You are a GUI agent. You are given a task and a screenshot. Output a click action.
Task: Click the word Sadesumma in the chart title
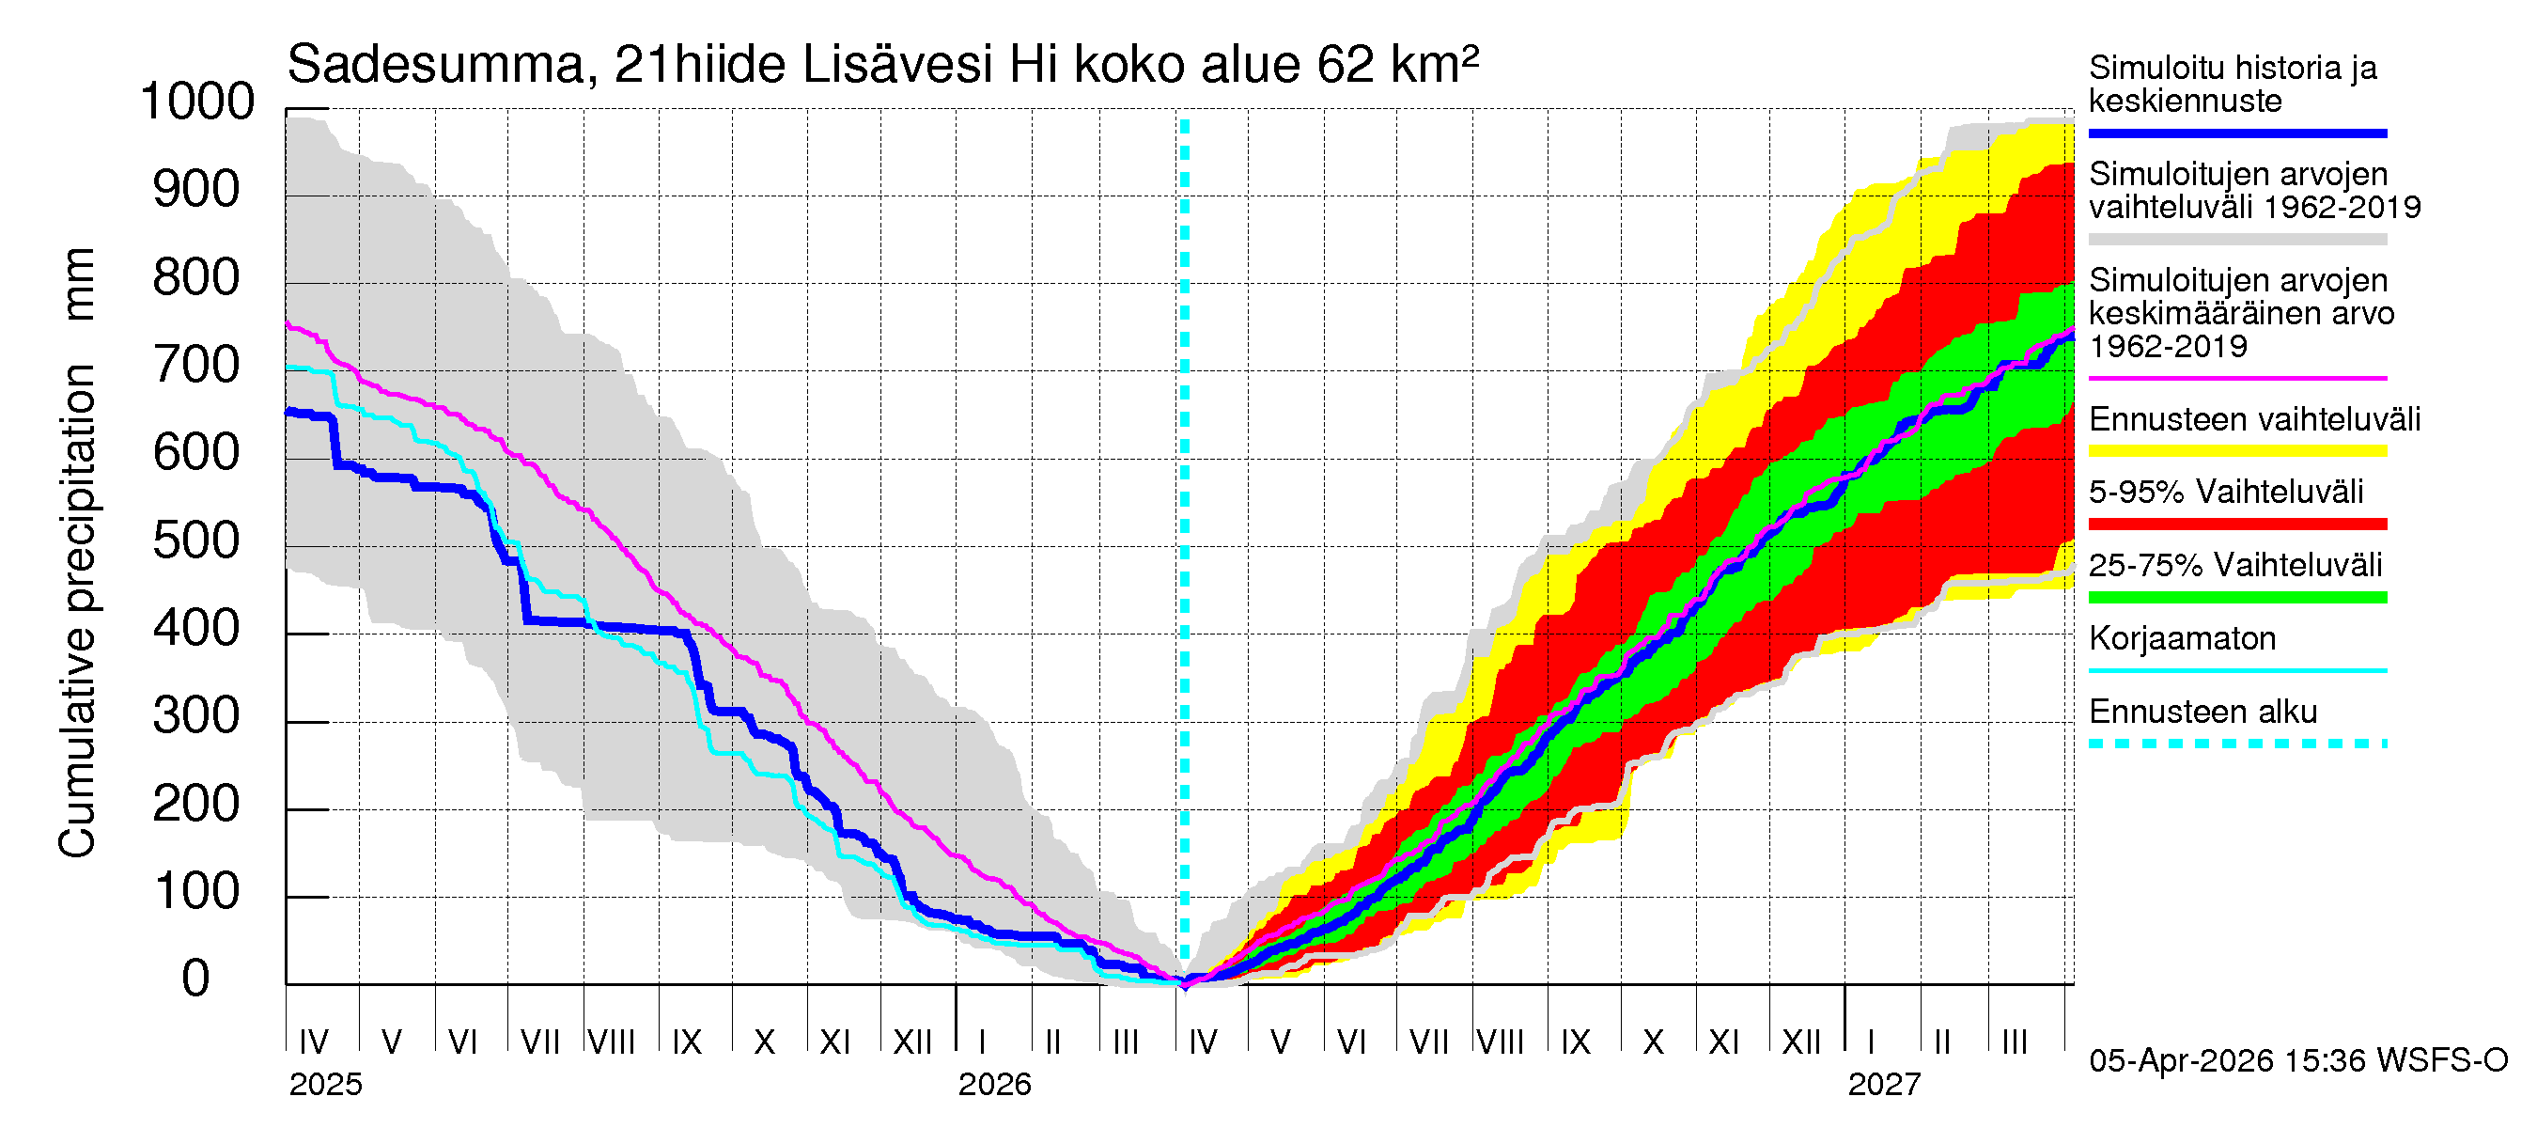[435, 66]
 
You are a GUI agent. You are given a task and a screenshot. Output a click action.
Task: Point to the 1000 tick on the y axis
[197, 102]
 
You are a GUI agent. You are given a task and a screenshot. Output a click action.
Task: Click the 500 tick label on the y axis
[196, 540]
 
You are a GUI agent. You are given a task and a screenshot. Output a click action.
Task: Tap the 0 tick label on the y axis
[196, 979]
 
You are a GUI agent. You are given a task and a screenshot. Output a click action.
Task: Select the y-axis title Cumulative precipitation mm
[77, 552]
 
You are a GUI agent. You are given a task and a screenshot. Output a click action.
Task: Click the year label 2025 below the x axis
[325, 1085]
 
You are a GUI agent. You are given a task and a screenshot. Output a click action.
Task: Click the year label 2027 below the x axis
[1883, 1085]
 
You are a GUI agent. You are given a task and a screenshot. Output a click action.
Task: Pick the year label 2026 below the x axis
[994, 1085]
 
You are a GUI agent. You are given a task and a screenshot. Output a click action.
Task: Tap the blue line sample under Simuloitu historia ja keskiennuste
[2236, 133]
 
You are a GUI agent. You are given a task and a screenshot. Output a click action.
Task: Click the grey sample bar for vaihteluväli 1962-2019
[2236, 240]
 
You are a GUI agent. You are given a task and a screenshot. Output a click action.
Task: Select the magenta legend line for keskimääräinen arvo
[2236, 378]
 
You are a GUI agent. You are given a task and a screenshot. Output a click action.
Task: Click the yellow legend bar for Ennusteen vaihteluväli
[2236, 451]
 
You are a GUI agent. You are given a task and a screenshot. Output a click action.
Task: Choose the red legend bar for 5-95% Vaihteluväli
[2236, 525]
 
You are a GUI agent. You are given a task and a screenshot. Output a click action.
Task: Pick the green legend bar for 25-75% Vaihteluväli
[2236, 597]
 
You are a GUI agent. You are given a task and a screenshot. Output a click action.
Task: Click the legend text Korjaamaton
[2182, 639]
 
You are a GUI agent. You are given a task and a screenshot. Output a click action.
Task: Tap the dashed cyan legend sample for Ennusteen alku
[2236, 744]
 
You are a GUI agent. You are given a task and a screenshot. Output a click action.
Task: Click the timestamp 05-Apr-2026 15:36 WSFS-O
[2297, 1061]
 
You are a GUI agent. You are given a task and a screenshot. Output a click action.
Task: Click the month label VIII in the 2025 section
[612, 1042]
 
